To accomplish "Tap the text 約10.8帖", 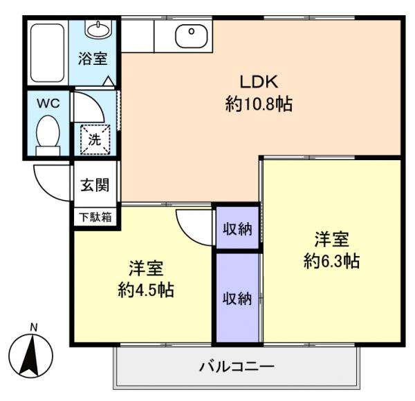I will [x=258, y=104].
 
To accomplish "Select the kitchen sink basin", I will [x=188, y=35].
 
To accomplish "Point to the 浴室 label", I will [x=93, y=59].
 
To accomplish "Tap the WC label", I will [x=48, y=103].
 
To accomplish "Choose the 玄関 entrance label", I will [x=93, y=184].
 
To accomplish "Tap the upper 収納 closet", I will [x=237, y=228].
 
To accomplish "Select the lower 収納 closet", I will [x=237, y=298].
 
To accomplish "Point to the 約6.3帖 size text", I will [x=331, y=262].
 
